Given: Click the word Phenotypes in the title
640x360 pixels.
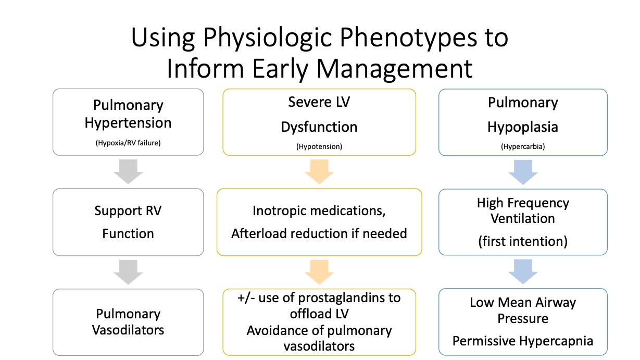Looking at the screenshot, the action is (408, 38).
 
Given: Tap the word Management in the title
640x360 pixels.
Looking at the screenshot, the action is (394, 69).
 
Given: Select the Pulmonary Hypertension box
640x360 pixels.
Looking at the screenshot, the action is (128, 122).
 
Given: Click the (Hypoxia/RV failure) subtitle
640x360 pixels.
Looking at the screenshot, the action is (128, 143).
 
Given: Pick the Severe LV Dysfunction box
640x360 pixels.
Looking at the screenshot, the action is (319, 122).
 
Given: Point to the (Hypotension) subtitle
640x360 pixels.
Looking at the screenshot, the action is (319, 147).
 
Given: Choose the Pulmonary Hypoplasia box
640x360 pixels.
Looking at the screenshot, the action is (523, 122).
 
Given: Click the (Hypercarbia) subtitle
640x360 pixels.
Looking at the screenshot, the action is (523, 147).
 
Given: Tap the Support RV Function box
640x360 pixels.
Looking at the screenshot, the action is (128, 222).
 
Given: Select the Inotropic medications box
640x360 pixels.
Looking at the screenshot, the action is (319, 222).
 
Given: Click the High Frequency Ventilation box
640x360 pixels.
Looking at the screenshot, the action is (523, 222).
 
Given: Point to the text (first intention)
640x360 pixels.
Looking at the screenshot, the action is (523, 241).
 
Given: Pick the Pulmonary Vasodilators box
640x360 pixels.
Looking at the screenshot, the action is (128, 322).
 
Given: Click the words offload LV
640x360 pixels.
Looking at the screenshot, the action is (319, 314).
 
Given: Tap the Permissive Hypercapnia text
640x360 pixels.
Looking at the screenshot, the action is (523, 341).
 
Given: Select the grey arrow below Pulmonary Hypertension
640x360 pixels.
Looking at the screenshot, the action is (128, 171).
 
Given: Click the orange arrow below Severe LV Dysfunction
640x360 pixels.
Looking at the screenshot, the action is (319, 171).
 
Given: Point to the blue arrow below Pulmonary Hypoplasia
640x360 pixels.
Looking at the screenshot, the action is (523, 172).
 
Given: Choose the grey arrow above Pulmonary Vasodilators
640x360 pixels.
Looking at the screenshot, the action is (128, 272).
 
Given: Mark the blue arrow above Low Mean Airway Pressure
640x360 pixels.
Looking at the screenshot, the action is (523, 271).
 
